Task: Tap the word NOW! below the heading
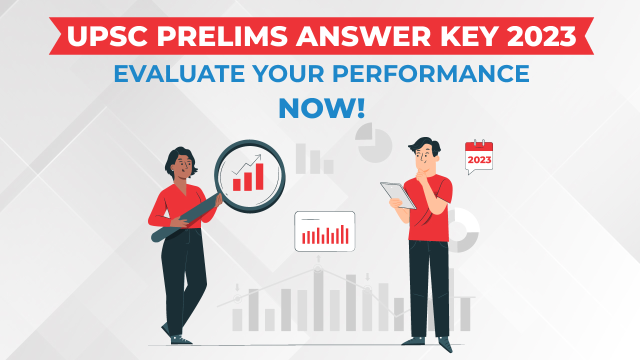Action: (321, 108)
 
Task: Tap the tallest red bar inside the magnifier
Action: (259, 176)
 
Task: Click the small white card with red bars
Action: (324, 231)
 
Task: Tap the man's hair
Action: (425, 145)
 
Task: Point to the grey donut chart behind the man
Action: (464, 230)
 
